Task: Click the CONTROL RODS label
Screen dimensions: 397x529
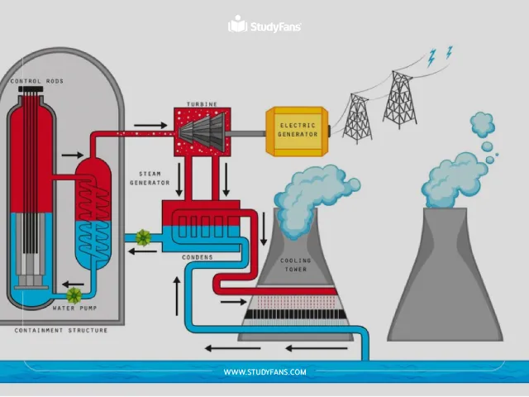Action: pos(37,81)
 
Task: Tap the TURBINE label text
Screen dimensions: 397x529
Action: pos(202,104)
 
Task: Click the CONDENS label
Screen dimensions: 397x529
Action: pos(198,257)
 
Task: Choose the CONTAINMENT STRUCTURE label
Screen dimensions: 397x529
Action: pos(61,330)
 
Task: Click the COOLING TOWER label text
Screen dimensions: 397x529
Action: pos(297,265)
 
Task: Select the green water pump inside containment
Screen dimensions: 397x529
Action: pos(74,294)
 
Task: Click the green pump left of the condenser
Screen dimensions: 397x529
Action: pos(143,238)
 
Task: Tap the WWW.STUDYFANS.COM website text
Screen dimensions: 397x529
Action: pos(264,372)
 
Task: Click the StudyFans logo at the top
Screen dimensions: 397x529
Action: pos(264,26)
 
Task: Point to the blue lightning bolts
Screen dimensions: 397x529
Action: pos(439,55)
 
